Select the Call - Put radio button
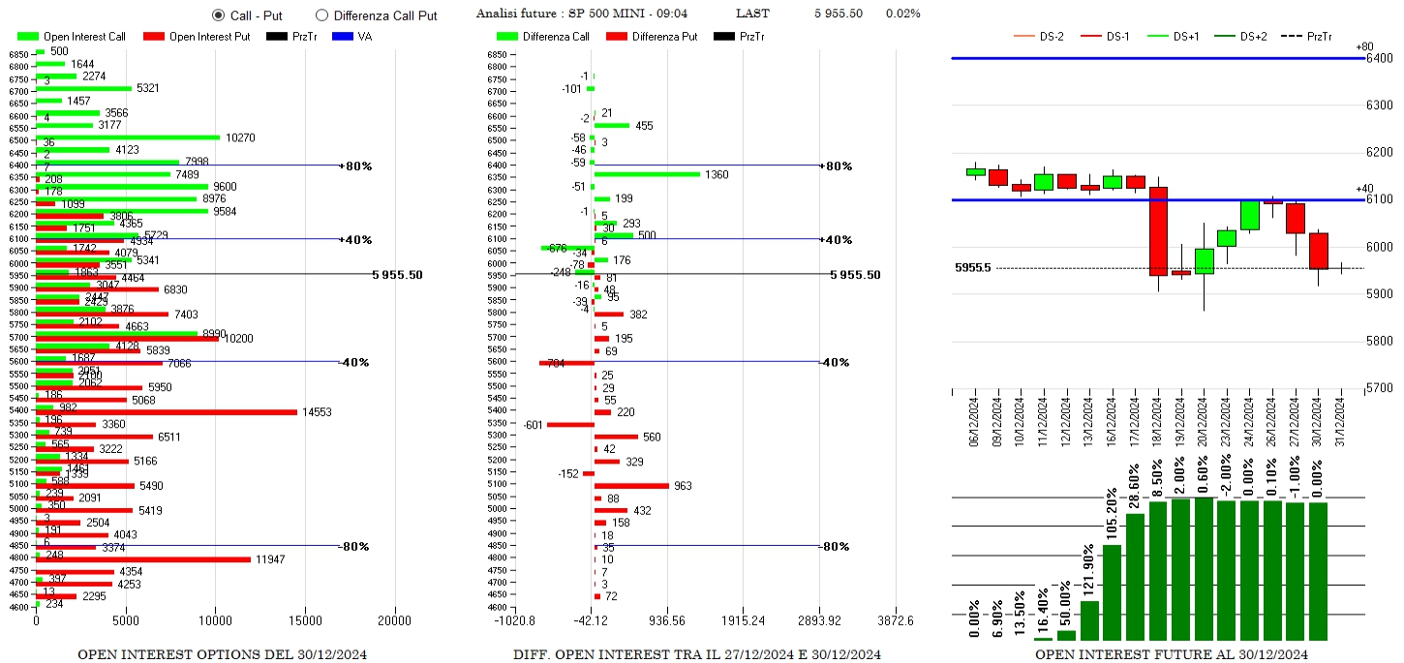[x=218, y=15]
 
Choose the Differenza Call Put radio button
[x=322, y=15]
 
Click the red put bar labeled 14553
[x=167, y=412]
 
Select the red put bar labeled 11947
[x=143, y=559]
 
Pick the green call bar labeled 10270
[x=128, y=137]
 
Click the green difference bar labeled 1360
[x=647, y=174]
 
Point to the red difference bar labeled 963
[x=631, y=486]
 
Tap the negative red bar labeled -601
[x=570, y=425]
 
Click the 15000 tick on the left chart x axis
[x=305, y=621]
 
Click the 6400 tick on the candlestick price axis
[x=1380, y=59]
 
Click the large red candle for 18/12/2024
[x=1158, y=231]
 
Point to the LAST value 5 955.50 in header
[x=839, y=14]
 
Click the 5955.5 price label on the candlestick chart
[x=972, y=268]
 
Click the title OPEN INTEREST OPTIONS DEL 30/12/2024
[x=222, y=655]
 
